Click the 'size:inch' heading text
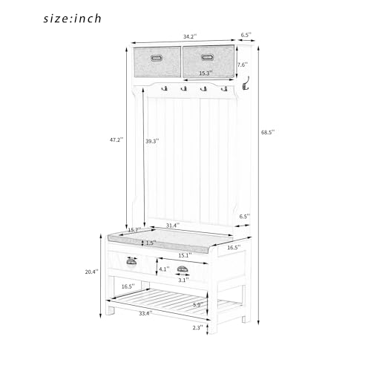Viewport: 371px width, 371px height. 72,19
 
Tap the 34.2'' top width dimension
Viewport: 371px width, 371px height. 190,36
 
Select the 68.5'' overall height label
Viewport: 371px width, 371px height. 268,132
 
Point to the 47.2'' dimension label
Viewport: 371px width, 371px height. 116,139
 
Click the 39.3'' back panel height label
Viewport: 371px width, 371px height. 152,141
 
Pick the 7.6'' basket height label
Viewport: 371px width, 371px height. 243,65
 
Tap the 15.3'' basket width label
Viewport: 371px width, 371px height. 206,73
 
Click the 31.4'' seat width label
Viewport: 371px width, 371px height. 173,226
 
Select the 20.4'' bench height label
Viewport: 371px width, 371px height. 91,272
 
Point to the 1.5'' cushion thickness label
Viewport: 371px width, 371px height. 151,243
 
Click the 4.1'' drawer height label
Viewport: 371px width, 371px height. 164,269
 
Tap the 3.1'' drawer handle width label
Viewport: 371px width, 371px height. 183,280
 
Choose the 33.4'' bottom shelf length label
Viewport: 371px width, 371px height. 145,313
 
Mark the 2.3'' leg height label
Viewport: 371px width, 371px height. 197,327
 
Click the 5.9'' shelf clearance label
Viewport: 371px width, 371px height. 198,305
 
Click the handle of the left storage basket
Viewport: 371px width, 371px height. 157,58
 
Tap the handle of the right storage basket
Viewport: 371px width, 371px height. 207,57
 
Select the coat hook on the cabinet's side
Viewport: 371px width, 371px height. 245,84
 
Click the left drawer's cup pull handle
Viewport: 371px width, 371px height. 131,262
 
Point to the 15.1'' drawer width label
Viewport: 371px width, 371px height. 185,255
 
